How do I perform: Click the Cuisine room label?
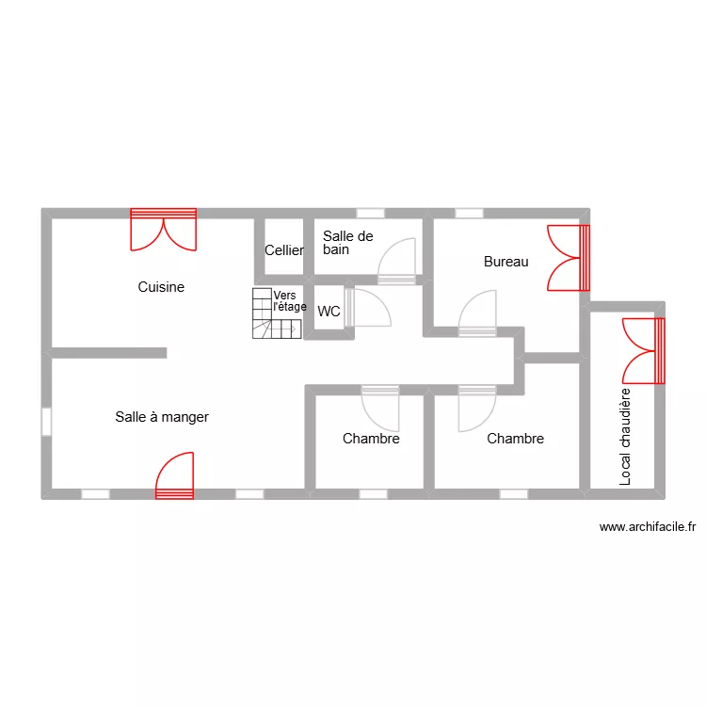[161, 287]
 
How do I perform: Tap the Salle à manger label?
[162, 417]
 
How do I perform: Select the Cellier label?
[283, 250]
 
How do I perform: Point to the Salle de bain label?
[347, 243]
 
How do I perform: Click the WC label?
[329, 312]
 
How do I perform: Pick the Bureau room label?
[505, 262]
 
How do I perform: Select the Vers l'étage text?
[289, 301]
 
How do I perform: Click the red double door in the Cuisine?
[164, 230]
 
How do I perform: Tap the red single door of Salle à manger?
[175, 474]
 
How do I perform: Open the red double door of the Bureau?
[569, 257]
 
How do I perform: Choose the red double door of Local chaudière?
[644, 350]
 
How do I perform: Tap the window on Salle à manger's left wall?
[46, 420]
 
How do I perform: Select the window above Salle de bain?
[370, 213]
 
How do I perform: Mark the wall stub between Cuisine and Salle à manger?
[109, 353]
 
